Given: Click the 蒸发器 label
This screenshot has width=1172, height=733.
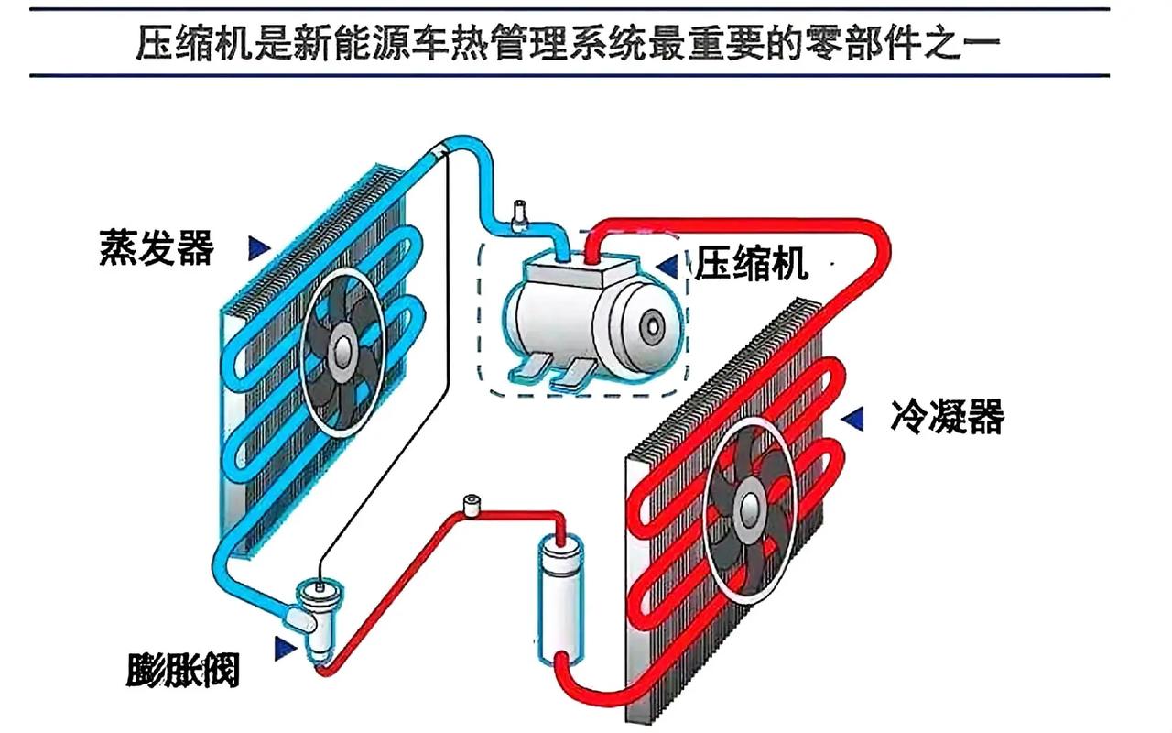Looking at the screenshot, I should coord(157,247).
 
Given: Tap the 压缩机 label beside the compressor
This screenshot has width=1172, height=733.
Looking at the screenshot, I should coord(751,264).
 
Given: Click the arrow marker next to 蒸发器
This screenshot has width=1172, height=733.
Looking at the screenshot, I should coord(259,246).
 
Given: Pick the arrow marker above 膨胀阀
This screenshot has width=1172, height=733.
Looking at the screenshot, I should coord(285,647).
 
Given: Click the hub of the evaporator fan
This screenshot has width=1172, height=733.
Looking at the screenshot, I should coord(342,348).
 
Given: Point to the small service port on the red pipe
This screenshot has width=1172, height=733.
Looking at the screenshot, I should coord(472,507).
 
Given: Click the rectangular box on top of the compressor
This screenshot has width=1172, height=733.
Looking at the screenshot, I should coord(574,272).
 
